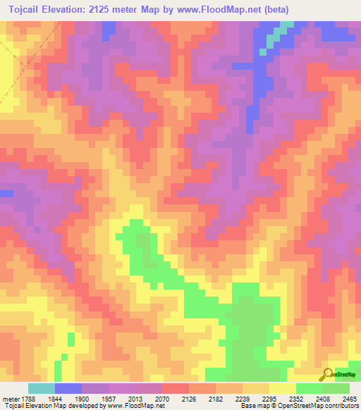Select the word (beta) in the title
point(293,9)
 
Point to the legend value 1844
point(54,398)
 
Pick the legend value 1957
point(108,398)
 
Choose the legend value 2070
point(161,398)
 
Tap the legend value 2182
point(215,398)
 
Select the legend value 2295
point(269,398)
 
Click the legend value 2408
point(322,398)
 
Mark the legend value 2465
point(348,398)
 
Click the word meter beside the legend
point(9,398)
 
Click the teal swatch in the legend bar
point(41,388)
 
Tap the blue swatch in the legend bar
point(68,388)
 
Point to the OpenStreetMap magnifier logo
point(328,374)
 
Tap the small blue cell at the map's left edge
point(6,193)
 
